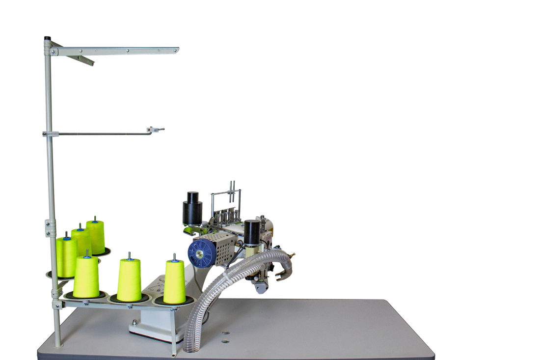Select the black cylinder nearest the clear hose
[x=252, y=231]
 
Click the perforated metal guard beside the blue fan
[x=220, y=248]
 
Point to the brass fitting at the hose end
[x=293, y=254]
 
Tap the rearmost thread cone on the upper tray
[x=95, y=235]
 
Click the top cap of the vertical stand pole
[x=47, y=38]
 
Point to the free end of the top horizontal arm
[x=177, y=49]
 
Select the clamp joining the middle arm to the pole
[x=49, y=134]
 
